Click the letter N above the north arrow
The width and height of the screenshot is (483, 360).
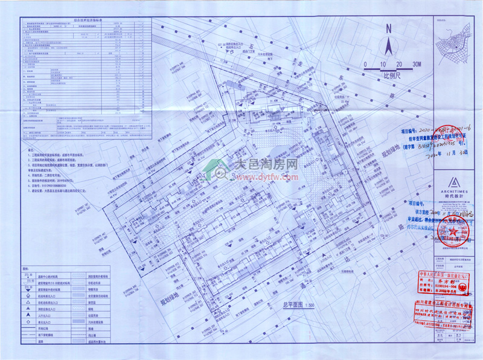click(389, 27)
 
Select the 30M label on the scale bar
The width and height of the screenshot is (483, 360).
click(417, 64)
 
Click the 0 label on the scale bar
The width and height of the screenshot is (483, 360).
click(365, 64)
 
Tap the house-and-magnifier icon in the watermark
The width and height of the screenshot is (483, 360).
click(220, 169)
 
